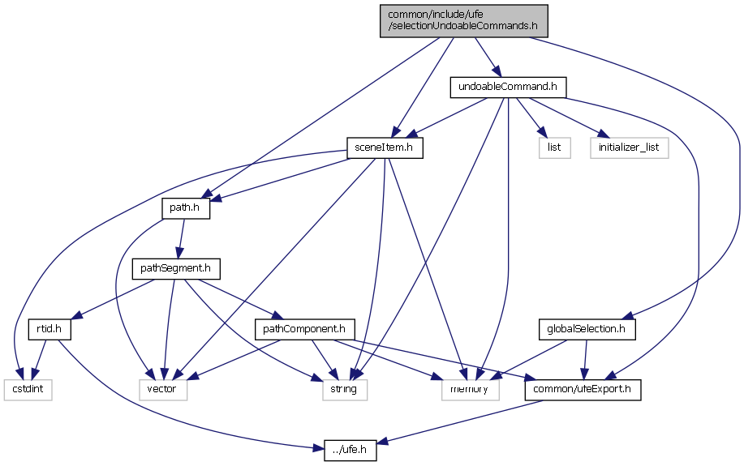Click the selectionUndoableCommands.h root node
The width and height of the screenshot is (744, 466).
pyautogui.click(x=463, y=20)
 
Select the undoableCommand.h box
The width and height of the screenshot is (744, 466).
pyautogui.click(x=507, y=87)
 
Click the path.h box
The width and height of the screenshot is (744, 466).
pyautogui.click(x=186, y=208)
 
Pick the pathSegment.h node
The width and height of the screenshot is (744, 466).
pyautogui.click(x=175, y=268)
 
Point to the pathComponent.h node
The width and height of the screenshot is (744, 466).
pyautogui.click(x=304, y=329)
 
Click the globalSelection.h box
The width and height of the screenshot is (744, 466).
pyautogui.click(x=587, y=329)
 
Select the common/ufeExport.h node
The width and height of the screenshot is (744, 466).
pyautogui.click(x=583, y=390)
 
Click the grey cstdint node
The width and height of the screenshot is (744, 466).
pyautogui.click(x=27, y=390)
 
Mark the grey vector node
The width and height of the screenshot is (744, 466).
pyautogui.click(x=167, y=390)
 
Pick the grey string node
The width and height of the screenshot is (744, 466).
pyautogui.click(x=344, y=390)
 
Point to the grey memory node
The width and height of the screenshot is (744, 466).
pyautogui.click(x=470, y=390)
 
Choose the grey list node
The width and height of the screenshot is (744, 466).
pyautogui.click(x=554, y=147)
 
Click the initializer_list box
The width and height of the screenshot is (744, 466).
pyautogui.click(x=629, y=147)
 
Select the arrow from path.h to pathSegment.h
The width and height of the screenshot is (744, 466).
pyautogui.click(x=181, y=238)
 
